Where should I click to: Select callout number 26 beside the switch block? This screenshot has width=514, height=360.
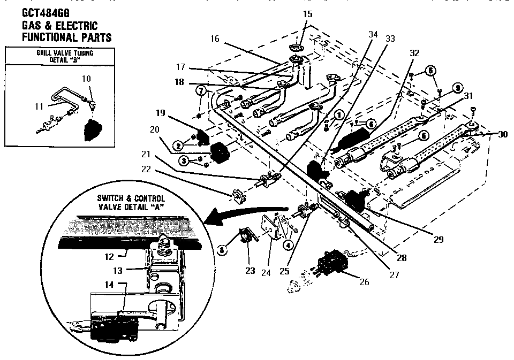[364, 281]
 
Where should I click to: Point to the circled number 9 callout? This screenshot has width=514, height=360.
[457, 88]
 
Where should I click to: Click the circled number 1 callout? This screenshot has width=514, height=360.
[338, 114]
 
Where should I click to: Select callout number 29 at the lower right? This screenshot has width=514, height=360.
[439, 240]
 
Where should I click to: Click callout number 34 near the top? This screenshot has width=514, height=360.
[373, 35]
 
